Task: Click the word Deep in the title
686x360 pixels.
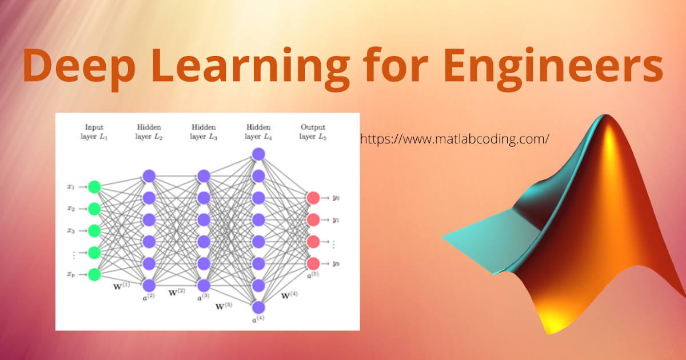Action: click(77, 66)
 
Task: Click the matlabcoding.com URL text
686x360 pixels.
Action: click(454, 139)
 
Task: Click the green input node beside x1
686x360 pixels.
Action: click(94, 187)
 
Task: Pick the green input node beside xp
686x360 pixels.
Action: click(94, 274)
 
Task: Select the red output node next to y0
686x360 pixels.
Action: click(313, 198)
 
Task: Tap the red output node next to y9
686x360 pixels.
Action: click(313, 263)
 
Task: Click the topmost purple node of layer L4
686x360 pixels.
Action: click(258, 154)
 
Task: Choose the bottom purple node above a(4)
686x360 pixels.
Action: click(258, 307)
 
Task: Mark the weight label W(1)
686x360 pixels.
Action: click(122, 285)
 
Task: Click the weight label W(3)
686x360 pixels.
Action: click(224, 306)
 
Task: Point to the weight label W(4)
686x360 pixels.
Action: click(289, 295)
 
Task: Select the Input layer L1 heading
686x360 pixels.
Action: click(94, 131)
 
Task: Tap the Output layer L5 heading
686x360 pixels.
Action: click(313, 131)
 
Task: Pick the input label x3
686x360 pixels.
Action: click(71, 231)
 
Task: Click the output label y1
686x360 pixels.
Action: click(336, 220)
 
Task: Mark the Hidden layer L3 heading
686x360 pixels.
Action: click(204, 131)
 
